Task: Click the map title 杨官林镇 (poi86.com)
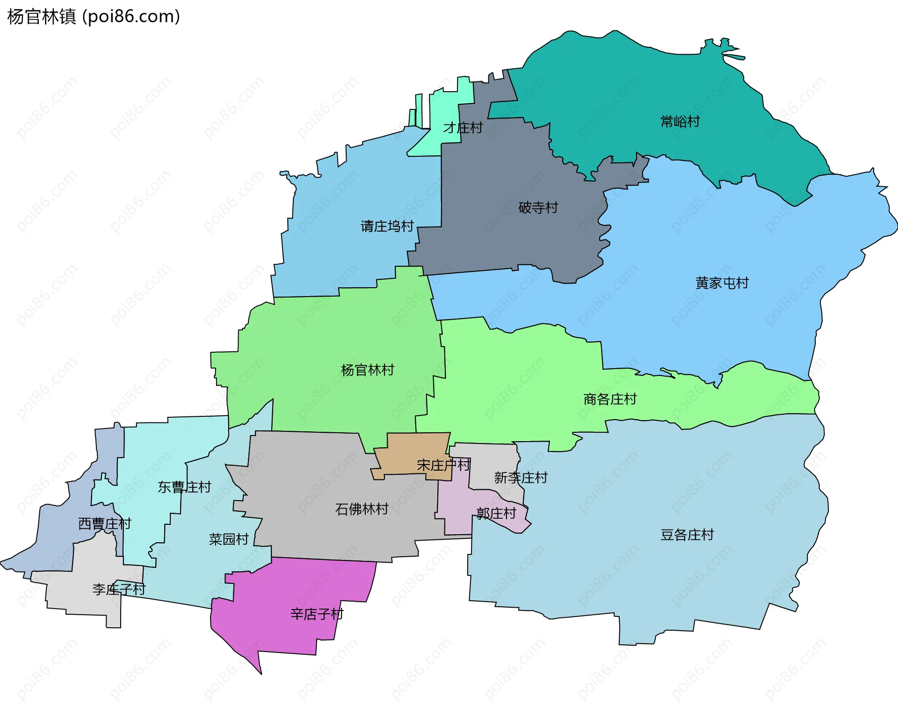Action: point(94,17)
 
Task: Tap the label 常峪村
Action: point(680,122)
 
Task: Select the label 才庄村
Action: point(463,128)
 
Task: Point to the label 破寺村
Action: point(538,208)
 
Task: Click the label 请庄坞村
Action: point(387,226)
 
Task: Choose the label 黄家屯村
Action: point(722,283)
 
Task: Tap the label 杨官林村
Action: point(368,370)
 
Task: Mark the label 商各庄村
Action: point(610,399)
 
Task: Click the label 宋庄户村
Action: point(443,465)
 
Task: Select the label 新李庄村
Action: point(521,478)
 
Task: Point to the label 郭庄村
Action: point(496,514)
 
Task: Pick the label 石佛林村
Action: point(362,509)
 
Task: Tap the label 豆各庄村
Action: point(687,535)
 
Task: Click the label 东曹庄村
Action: point(184,487)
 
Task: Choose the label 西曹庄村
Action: point(104,523)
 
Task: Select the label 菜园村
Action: point(228,539)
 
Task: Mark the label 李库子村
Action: point(119,589)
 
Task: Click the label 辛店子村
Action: point(317,614)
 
